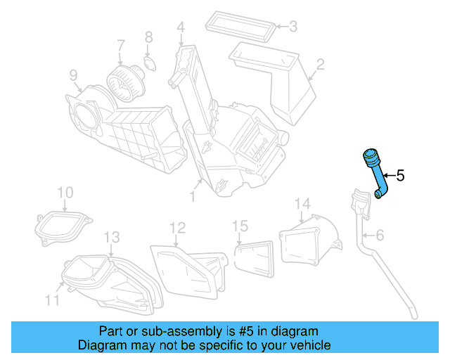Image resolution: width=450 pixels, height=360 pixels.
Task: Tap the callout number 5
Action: pyautogui.click(x=400, y=176)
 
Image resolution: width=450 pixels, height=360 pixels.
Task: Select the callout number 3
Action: pyautogui.click(x=292, y=27)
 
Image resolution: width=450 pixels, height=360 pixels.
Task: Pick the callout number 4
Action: pyautogui.click(x=181, y=28)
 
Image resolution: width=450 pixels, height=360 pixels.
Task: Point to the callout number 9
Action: pyautogui.click(x=73, y=75)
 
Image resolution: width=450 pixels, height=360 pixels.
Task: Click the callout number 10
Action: pyautogui.click(x=65, y=192)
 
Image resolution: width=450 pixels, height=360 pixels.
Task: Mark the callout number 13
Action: pyautogui.click(x=112, y=236)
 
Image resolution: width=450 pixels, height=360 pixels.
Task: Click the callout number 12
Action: pyautogui.click(x=177, y=227)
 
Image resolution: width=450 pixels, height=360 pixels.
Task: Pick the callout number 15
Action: pyautogui.click(x=240, y=226)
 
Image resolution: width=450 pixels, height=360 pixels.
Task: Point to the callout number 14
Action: pyautogui.click(x=302, y=204)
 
